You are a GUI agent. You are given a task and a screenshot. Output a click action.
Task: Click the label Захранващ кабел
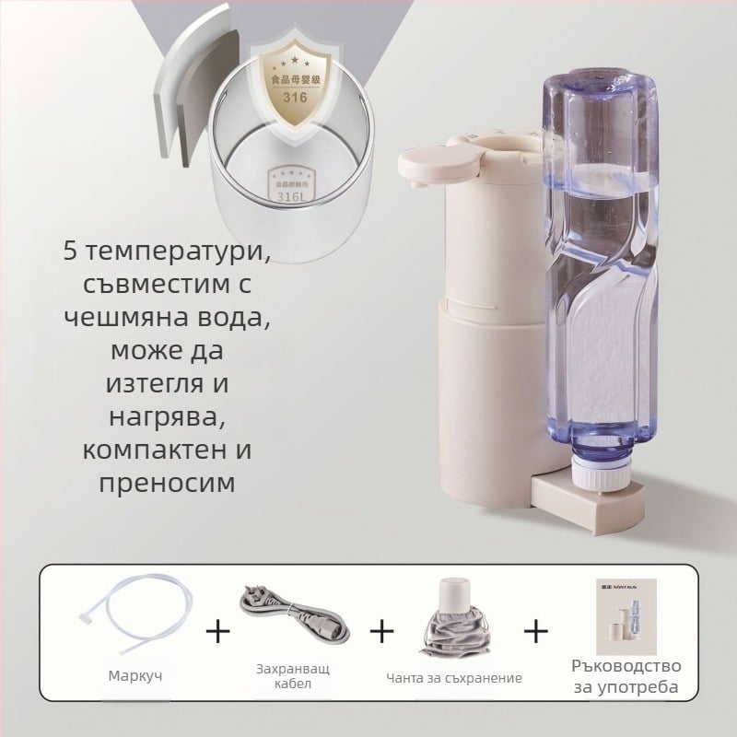tap(293, 677)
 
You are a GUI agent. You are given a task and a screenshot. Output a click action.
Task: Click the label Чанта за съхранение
tap(454, 678)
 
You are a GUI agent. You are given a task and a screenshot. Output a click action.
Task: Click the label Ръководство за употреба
tap(626, 676)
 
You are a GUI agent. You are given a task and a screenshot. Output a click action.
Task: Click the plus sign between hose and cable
tap(217, 631)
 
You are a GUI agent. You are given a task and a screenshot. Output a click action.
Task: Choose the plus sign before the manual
tap(536, 631)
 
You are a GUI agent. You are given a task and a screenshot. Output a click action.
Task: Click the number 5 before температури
tap(72, 250)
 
